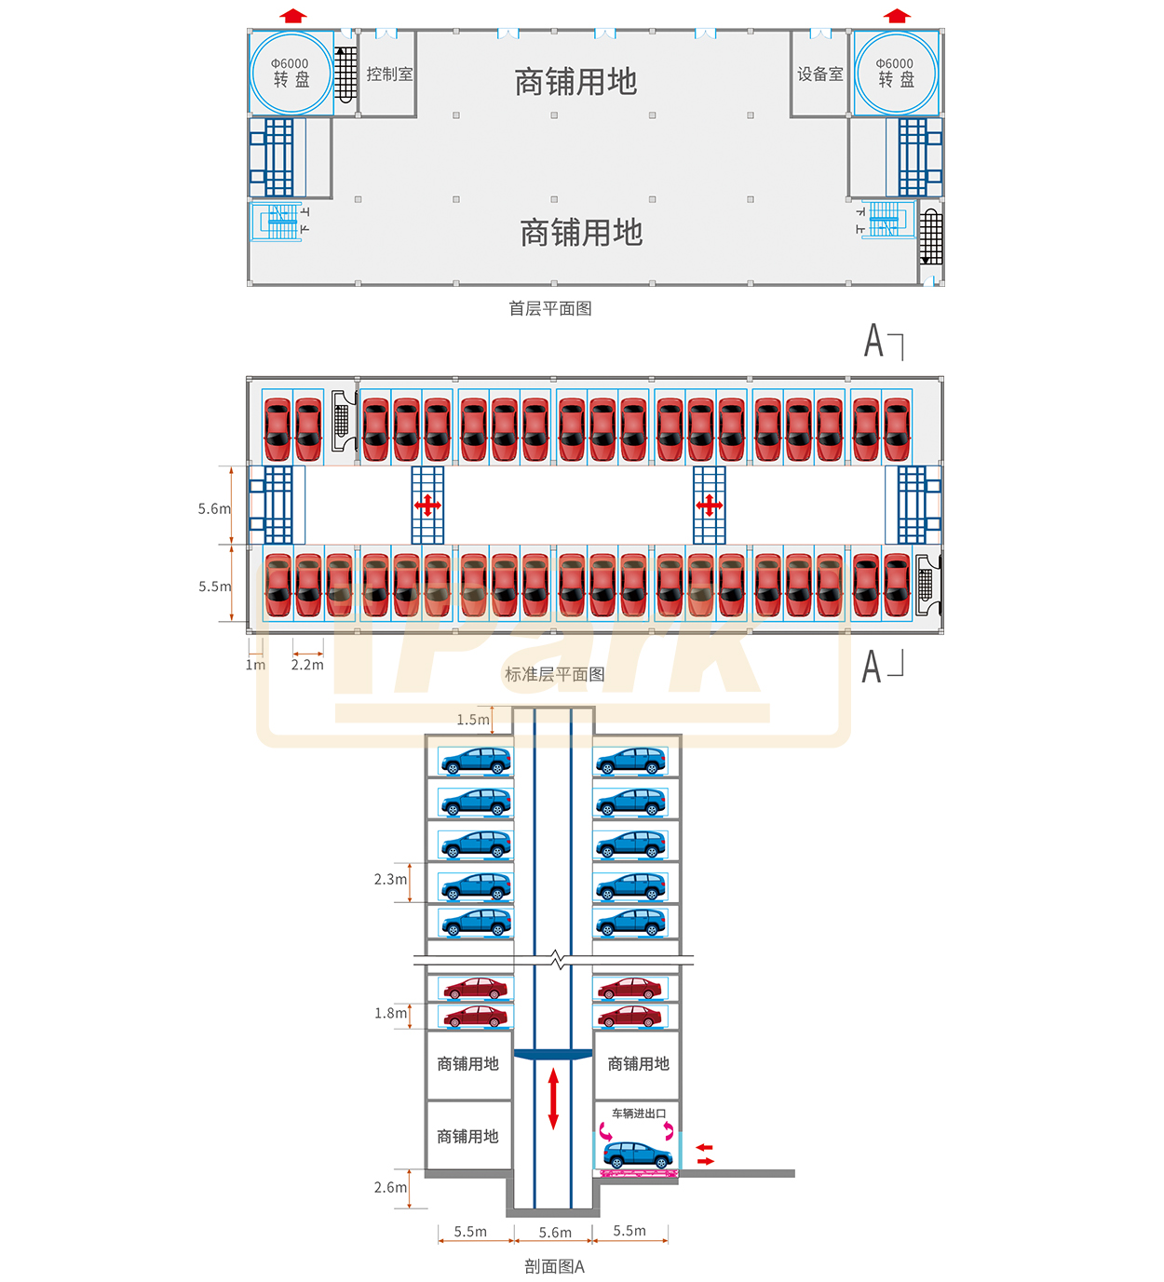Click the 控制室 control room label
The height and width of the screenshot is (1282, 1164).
[389, 74]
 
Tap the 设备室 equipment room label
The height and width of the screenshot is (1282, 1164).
[819, 74]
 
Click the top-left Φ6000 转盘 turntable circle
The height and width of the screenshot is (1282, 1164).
[291, 73]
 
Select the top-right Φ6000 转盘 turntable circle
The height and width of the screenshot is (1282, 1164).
[895, 73]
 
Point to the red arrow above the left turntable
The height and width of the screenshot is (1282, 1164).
[292, 16]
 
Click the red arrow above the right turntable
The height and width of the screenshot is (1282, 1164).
[897, 16]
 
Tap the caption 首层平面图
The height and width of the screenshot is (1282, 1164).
[549, 308]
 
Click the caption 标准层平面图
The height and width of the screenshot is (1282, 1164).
[554, 674]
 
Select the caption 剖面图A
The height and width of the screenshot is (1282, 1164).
[554, 1266]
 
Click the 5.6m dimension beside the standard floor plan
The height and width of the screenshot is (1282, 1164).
[214, 508]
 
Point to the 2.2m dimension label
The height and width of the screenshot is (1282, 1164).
[307, 665]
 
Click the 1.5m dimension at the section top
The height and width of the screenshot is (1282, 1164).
[473, 720]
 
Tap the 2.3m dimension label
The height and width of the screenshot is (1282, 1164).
[390, 879]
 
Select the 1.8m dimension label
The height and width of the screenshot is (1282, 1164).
[390, 1013]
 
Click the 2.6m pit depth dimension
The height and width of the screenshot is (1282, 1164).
[390, 1187]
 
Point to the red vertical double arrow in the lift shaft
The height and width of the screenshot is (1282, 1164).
[553, 1099]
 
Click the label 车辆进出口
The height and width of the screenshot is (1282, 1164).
[639, 1113]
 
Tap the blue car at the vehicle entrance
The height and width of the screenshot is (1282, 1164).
[638, 1155]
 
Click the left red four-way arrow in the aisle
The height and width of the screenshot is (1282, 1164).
[427, 506]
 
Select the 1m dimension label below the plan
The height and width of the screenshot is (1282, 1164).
[255, 665]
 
